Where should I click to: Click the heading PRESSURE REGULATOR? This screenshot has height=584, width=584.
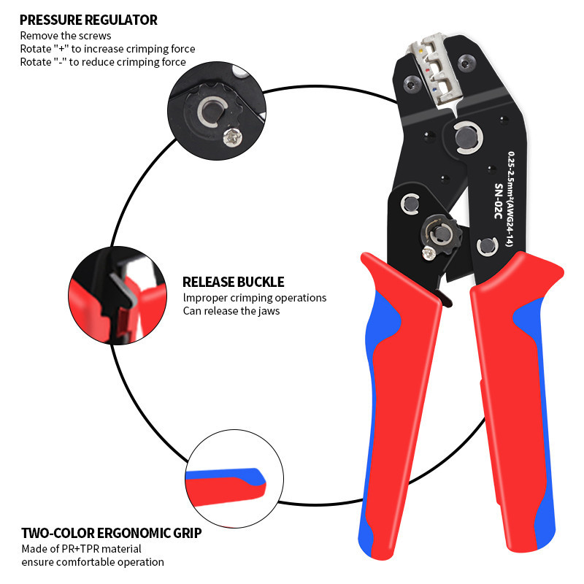coord(88,20)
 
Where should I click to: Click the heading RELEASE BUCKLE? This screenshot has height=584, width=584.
coord(233,282)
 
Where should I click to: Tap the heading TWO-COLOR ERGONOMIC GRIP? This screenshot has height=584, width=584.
coord(111,533)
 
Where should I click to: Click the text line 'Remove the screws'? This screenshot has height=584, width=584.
coord(66,35)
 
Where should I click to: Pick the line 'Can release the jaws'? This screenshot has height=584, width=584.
coord(231,311)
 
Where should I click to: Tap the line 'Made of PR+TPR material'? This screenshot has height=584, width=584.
coord(80,548)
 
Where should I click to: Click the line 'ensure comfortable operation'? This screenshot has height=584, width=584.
coord(92,562)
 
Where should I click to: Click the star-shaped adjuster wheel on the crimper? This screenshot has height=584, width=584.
coord(440,233)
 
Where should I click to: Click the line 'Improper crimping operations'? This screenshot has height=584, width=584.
coord(254,298)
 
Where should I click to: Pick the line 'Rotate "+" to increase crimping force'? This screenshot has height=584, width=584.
coord(107,49)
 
